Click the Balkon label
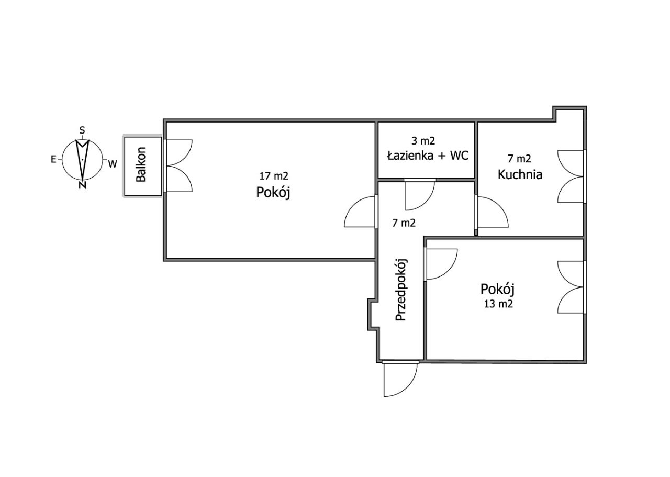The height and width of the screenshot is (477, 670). tap(141, 164)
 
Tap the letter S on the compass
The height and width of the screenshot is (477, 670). tap(82, 130)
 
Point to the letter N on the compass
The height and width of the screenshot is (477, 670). tap(82, 185)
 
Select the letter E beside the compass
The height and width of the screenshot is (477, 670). tap(53, 160)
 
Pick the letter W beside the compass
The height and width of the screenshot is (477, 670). tap(113, 164)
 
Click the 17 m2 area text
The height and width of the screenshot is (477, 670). tap(274, 176)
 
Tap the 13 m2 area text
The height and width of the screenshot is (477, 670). tap(498, 304)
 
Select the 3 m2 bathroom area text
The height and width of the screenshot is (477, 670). tap(423, 141)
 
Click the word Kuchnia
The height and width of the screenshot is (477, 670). tap(520, 174)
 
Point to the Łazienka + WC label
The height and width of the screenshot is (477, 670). tap(428, 156)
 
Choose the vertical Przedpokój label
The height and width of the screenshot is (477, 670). tap(401, 290)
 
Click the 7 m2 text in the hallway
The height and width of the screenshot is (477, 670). tap(404, 223)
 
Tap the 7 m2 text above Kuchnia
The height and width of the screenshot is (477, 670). tap(519, 159)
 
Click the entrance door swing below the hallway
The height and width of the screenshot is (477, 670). tap(399, 380)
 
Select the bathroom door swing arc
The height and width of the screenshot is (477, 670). tap(420, 195)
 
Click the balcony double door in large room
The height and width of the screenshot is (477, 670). tap(178, 166)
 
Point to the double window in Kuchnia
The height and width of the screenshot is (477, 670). tap(571, 177)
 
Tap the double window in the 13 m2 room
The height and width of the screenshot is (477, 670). tap(571, 287)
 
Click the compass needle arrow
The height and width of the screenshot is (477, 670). tap(82, 160)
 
